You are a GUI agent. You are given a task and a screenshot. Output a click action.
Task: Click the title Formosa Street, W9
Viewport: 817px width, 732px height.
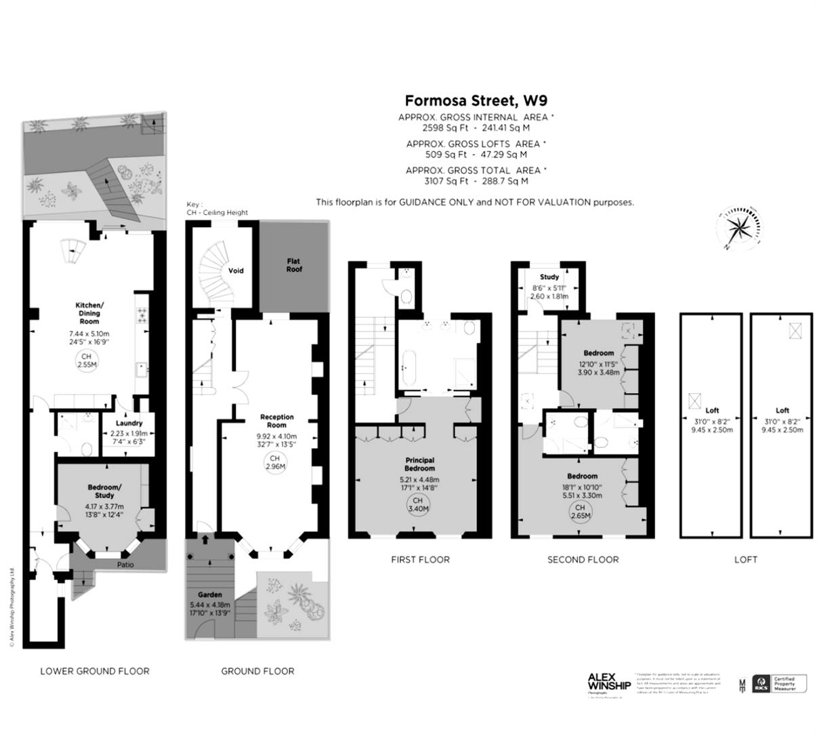(x=476, y=101)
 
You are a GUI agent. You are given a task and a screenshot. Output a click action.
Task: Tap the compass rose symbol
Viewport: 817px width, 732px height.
(x=739, y=227)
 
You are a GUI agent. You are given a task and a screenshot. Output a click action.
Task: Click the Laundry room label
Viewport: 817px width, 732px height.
(x=129, y=424)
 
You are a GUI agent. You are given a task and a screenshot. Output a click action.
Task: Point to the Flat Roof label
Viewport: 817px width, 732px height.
(x=294, y=265)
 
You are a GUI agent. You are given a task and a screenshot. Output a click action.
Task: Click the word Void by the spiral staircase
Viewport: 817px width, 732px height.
(x=236, y=270)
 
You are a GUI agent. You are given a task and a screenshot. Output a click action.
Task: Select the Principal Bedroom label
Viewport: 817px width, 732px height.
(x=419, y=464)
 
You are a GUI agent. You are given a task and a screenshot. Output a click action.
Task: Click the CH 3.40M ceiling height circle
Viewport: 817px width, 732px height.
(x=419, y=504)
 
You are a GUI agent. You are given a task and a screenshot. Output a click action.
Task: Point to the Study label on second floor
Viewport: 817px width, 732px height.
(x=549, y=277)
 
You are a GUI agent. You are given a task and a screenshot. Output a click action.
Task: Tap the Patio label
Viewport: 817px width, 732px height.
(x=125, y=565)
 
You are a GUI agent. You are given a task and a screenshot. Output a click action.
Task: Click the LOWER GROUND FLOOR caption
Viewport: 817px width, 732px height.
(x=95, y=671)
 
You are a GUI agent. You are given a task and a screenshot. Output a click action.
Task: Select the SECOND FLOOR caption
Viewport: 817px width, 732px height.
(x=583, y=559)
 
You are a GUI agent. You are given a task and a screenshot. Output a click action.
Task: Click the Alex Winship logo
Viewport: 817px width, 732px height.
(x=608, y=683)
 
